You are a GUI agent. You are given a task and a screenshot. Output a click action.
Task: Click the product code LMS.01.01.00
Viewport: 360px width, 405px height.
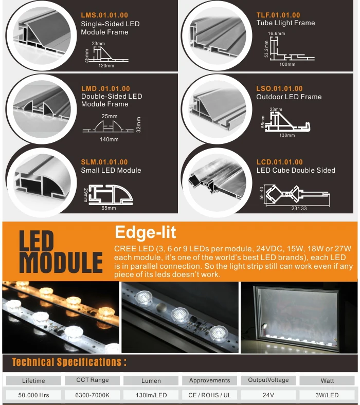tap(104, 15)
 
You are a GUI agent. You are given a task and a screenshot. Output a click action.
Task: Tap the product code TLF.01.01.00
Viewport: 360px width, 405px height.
tap(278, 15)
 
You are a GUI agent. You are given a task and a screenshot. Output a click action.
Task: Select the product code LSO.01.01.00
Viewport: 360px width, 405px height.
tap(279, 88)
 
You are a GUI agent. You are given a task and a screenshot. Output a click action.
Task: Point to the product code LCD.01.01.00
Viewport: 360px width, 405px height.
tap(279, 162)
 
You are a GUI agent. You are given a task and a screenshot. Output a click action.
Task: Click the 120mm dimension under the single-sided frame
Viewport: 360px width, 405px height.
tap(106, 66)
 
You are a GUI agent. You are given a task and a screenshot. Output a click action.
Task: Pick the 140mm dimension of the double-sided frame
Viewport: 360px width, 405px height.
tap(109, 139)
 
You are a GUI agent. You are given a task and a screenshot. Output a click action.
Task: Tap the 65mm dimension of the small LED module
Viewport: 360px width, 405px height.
tap(109, 208)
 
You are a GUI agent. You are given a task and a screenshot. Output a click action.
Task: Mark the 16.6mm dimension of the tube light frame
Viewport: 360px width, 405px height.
tap(277, 33)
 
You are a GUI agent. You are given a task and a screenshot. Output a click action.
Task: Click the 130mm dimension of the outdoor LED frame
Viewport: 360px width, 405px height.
tap(287, 136)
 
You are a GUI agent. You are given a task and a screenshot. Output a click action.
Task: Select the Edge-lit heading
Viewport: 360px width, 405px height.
tap(146, 232)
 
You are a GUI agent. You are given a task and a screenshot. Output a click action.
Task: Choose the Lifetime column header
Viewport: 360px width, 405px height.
tap(33, 381)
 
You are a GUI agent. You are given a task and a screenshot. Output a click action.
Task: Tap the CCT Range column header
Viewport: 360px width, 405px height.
tap(92, 380)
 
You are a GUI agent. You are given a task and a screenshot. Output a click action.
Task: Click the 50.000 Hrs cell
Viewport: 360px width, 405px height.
tap(33, 395)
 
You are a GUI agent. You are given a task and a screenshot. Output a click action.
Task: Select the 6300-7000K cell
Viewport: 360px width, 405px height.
tap(92, 395)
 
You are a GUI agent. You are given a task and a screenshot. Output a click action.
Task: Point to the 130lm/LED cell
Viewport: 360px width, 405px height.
tap(151, 395)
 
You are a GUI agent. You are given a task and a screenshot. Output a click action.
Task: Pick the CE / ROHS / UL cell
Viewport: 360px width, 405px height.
tap(210, 395)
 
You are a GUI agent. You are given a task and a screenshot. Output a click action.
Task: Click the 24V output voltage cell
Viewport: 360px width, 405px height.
tap(268, 395)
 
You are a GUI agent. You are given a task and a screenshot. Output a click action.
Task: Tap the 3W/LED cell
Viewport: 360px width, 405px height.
tap(327, 395)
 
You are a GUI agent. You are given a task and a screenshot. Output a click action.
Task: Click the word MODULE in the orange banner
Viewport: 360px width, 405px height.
tap(61, 263)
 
